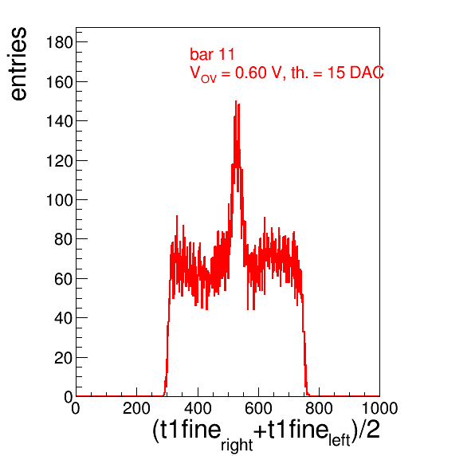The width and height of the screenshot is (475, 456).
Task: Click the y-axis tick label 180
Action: (59, 42)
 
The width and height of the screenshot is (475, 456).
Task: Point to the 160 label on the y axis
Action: (59, 82)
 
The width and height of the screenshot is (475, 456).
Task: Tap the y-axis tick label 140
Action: (59, 121)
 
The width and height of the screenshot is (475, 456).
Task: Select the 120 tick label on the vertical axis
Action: (59, 161)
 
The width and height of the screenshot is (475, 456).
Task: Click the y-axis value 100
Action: (59, 200)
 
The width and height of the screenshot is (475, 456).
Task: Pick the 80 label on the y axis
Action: (64, 239)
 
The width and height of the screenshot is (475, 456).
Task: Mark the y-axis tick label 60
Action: (64, 279)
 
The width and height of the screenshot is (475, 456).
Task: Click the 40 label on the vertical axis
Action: (64, 318)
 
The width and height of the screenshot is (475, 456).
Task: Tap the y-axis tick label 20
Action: (64, 358)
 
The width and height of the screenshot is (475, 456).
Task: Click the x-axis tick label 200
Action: (136, 408)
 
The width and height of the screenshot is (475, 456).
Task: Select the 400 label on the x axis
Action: (198, 408)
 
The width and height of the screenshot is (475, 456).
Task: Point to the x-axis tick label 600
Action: (258, 408)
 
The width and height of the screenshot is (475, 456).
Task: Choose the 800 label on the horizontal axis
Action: (319, 408)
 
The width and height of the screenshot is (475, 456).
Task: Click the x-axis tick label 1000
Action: (380, 408)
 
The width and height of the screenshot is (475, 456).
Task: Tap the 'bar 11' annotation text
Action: (212, 54)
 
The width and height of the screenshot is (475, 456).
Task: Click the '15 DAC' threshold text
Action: (355, 73)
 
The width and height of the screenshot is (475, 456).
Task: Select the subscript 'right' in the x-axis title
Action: (237, 445)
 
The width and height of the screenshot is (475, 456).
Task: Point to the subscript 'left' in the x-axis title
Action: (340, 440)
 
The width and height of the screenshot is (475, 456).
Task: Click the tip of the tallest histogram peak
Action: (236, 101)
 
